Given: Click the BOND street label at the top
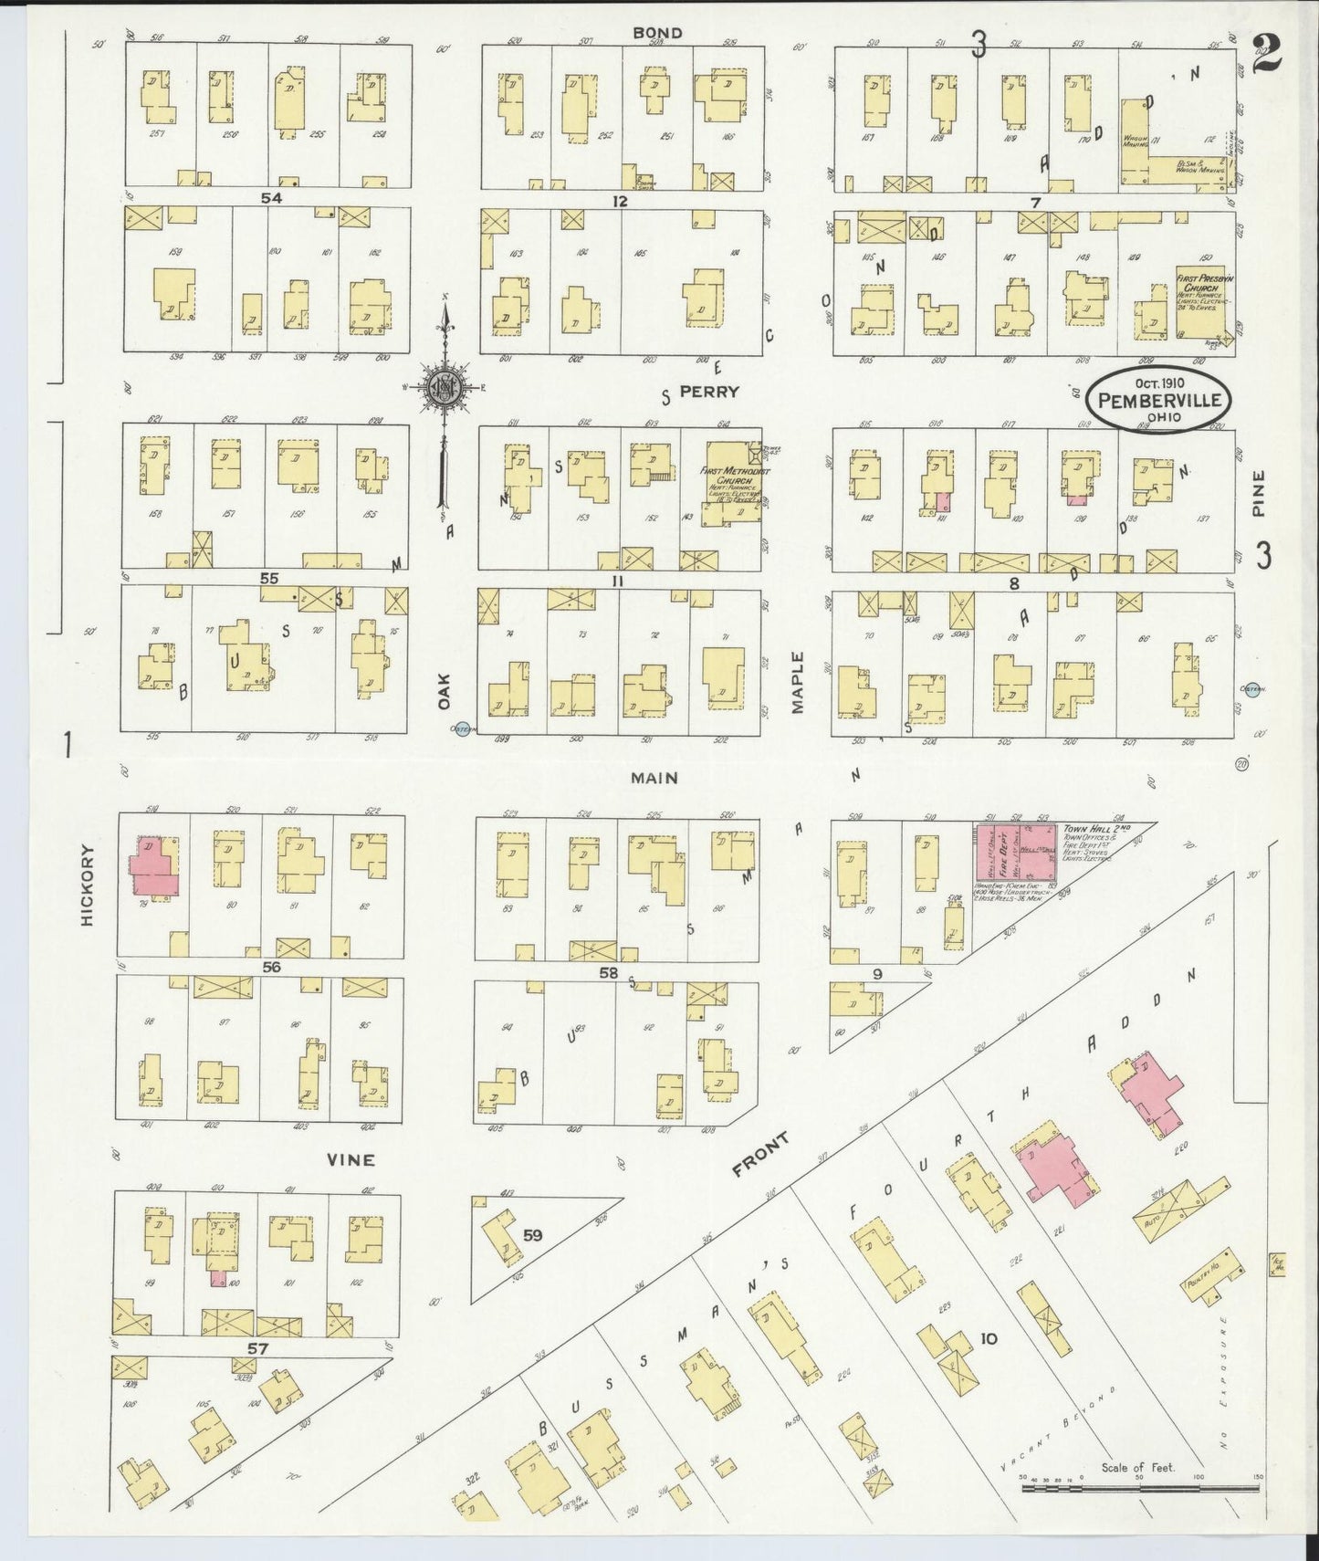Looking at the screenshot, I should (657, 33).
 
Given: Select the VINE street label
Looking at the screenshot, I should (351, 1159).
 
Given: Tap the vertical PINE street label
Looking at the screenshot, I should (1260, 494).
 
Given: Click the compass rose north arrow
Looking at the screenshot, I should (445, 383).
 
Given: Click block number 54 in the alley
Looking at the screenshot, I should (271, 198).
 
